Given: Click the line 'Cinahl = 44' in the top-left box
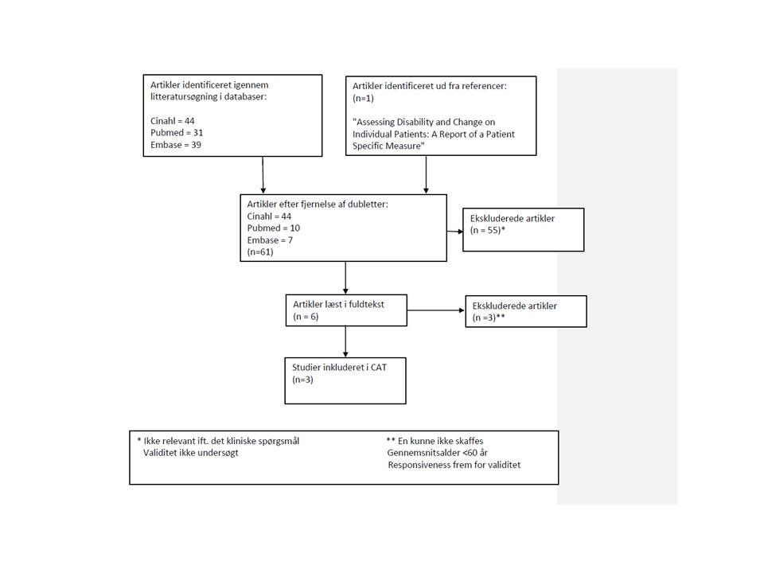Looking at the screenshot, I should point(173,121).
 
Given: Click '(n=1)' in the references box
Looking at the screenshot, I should point(363,98).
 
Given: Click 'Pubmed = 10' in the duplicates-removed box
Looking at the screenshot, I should point(274,228).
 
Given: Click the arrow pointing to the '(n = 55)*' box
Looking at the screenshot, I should point(454,231).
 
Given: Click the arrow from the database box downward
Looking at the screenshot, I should point(263,175).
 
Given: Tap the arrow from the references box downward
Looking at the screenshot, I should point(427,175).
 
